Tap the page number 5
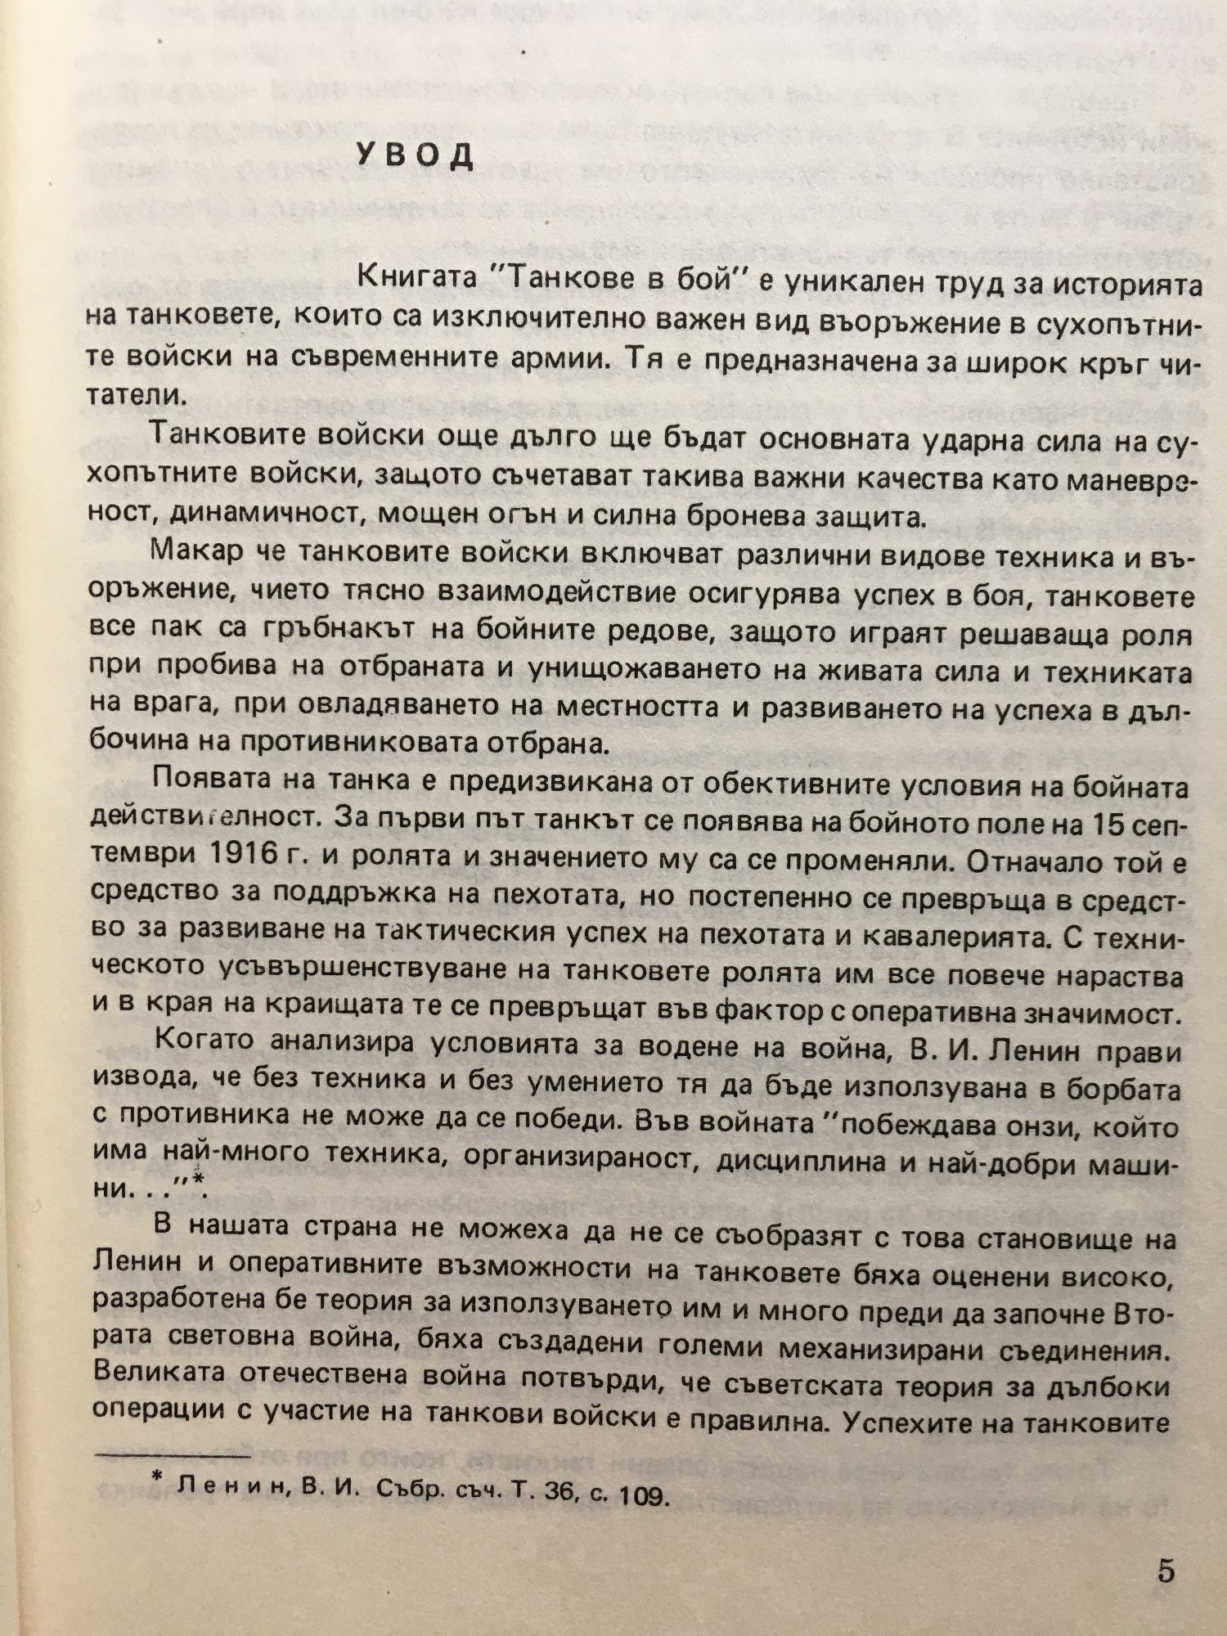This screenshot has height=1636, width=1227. tap(1166, 1571)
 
